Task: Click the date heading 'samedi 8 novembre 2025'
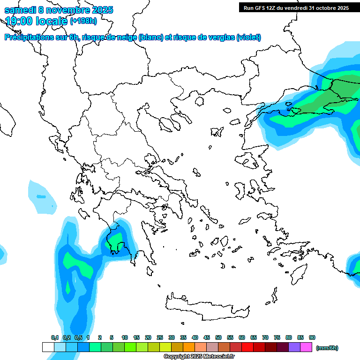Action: click(59, 10)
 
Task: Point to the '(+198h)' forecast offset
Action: click(83, 21)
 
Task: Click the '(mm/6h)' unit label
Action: click(327, 348)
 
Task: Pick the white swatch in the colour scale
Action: click(48, 347)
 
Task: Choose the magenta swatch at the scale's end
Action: click(306, 347)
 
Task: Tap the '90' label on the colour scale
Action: click(312, 337)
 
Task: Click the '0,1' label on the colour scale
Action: click(55, 337)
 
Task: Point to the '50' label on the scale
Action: click(218, 337)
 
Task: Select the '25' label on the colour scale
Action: click(160, 337)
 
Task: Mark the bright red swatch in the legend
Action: click(247, 347)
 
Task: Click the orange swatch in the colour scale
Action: click(189, 347)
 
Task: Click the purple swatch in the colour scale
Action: click(294, 347)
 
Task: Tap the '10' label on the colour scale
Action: click(125, 337)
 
